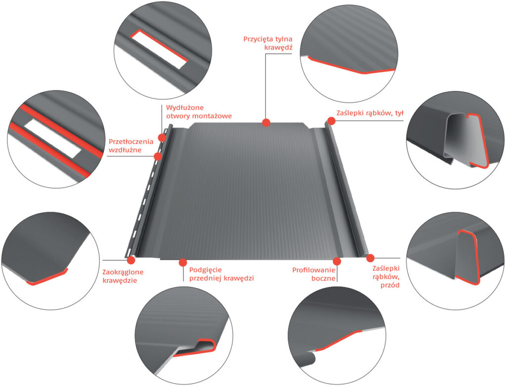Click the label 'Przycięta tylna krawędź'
click(268, 43)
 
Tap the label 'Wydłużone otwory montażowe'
click(199, 112)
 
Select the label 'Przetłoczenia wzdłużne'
click(131, 146)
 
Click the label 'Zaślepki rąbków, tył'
click(370, 113)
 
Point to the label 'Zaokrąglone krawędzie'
click(123, 276)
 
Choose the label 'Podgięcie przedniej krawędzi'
click(221, 274)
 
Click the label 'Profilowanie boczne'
click(314, 274)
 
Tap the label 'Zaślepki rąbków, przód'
click(386, 277)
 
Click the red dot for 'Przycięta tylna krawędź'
click(266, 122)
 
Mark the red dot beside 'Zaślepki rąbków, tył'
click(332, 120)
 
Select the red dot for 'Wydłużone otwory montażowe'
click(162, 138)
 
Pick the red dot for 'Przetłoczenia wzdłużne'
click(158, 156)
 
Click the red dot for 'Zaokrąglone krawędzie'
click(131, 260)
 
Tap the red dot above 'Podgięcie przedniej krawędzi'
click(183, 262)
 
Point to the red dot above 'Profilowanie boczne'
click(337, 261)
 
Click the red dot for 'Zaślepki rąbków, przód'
click(370, 258)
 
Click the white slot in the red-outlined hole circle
click(159, 49)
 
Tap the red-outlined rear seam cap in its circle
click(476, 141)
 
